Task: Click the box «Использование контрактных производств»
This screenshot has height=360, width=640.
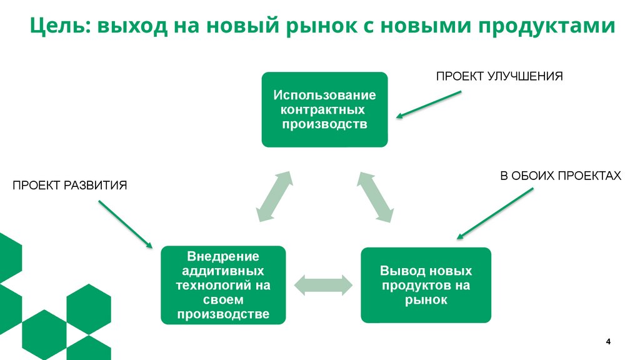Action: click(x=324, y=109)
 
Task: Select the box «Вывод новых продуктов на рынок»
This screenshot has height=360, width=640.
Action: click(x=426, y=285)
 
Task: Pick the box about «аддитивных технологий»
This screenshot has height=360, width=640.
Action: click(x=223, y=285)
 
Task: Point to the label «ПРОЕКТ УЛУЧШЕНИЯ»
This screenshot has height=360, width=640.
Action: click(x=500, y=76)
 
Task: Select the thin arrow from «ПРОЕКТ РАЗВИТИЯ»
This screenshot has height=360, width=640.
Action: click(x=125, y=224)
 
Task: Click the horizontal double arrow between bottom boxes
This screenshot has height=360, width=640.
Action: click(x=324, y=284)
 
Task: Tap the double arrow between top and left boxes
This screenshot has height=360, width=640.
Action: click(x=274, y=196)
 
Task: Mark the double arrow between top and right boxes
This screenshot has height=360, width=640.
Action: click(x=376, y=196)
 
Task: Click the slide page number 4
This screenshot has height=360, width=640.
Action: click(x=608, y=341)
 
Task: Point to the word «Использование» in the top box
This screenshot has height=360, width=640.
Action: click(x=324, y=96)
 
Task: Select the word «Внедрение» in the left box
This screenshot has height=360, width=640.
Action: click(x=223, y=257)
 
